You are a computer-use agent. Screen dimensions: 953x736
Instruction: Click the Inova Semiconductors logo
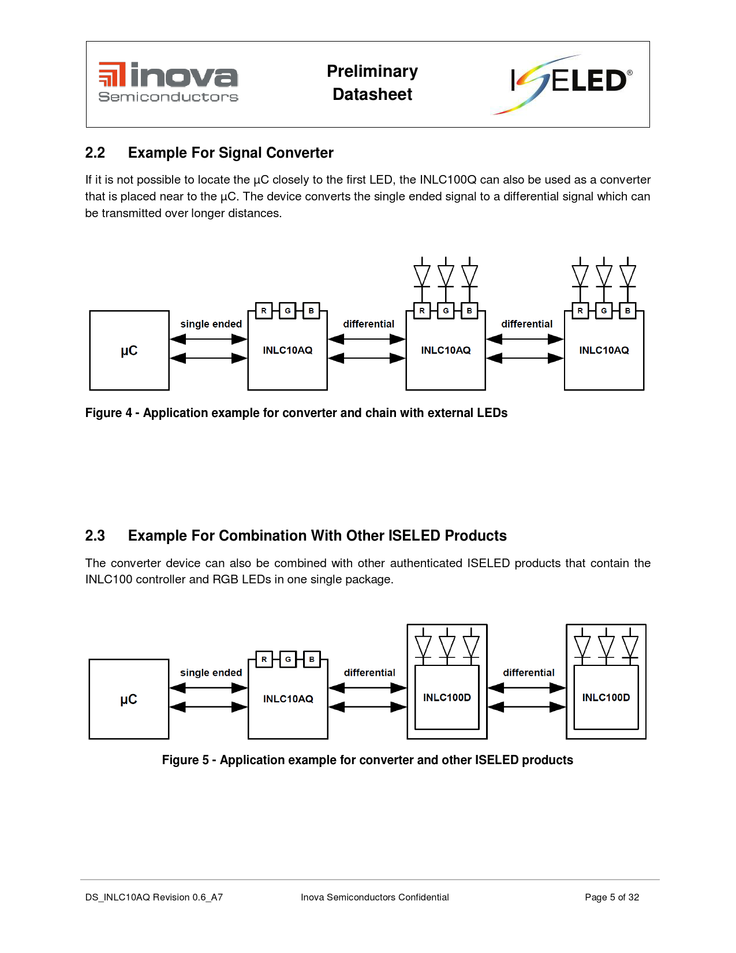(168, 83)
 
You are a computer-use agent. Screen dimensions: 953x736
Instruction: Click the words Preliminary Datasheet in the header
(372, 83)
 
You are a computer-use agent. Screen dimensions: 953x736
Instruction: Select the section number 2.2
(95, 153)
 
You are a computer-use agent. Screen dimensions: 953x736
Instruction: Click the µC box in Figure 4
(129, 351)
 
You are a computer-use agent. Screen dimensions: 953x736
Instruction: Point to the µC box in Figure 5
(129, 699)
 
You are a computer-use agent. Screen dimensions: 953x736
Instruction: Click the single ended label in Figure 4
(211, 324)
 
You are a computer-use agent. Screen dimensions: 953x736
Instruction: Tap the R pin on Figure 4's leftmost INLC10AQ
(264, 311)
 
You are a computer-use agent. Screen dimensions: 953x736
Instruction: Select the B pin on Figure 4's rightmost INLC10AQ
(627, 311)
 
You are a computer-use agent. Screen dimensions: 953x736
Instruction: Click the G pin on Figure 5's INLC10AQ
(288, 659)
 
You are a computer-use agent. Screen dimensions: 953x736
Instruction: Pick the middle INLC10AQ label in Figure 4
(446, 351)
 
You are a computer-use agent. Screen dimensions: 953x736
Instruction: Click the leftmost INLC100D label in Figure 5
(447, 698)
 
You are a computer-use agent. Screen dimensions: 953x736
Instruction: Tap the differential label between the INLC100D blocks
(528, 673)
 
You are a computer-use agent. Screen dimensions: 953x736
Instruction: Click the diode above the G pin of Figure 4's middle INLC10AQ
(446, 276)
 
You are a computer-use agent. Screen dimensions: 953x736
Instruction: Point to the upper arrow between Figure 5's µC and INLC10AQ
(208, 688)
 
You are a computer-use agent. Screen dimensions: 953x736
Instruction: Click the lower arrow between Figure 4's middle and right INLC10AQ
(525, 358)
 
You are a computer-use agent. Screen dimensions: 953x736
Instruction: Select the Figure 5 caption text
(367, 760)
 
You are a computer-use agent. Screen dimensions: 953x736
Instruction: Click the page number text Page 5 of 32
(612, 897)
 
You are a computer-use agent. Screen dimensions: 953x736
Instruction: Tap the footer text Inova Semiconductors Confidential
(375, 897)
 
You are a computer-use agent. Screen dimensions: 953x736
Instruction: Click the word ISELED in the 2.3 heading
(414, 536)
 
